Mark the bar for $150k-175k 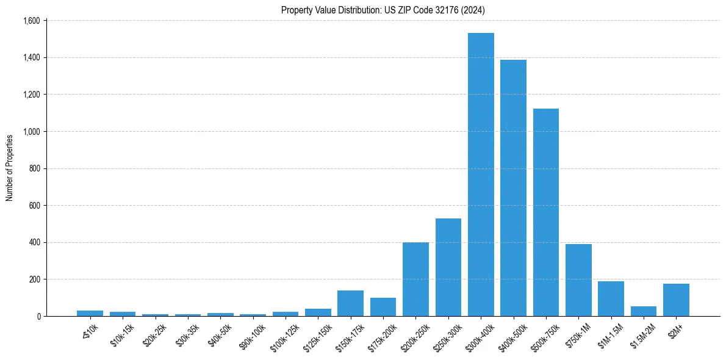coord(351,303)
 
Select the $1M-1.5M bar coord(611,299)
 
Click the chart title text coord(383,10)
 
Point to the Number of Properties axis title coord(10,168)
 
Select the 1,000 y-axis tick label coord(32,132)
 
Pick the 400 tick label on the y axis coord(35,243)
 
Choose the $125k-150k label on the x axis coord(317,335)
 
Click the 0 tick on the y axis coord(38,317)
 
